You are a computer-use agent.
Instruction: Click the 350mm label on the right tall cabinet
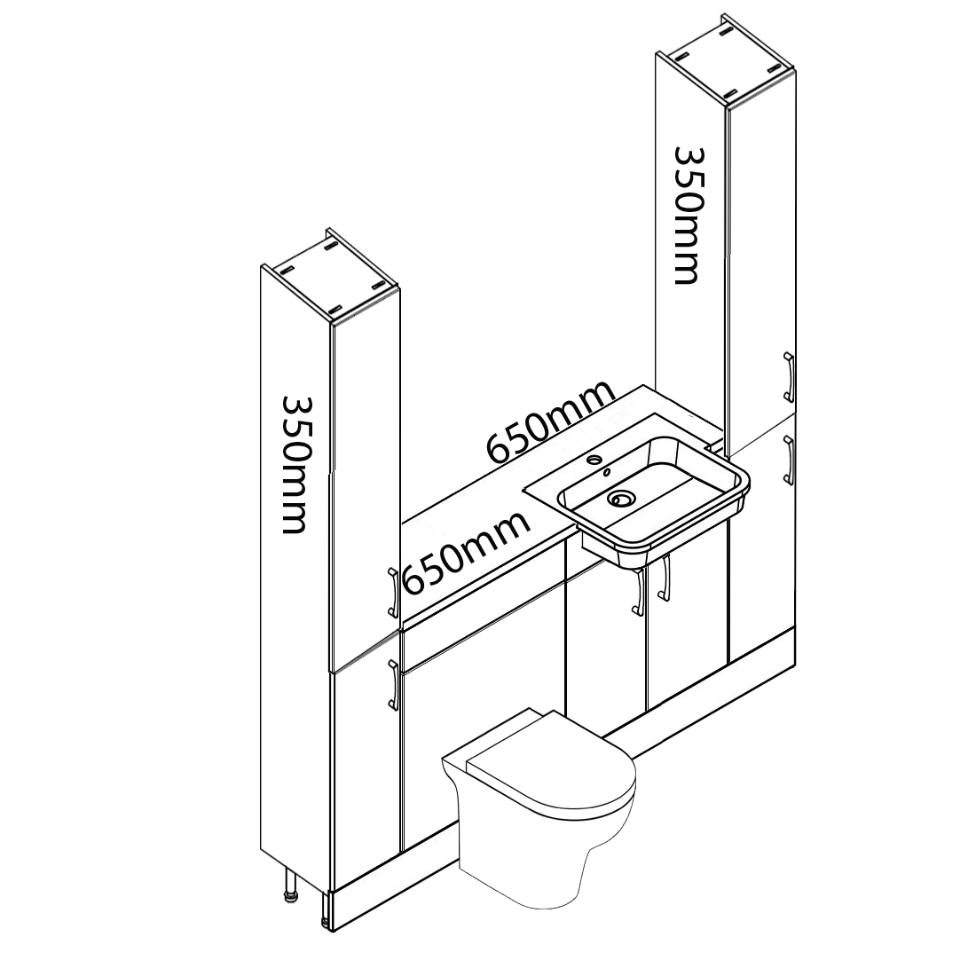[x=687, y=216]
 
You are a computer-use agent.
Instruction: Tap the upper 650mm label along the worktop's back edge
[x=550, y=422]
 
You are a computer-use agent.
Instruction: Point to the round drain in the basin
[x=622, y=499]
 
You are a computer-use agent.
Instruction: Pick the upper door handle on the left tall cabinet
[x=392, y=593]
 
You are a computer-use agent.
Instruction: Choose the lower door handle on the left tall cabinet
[x=392, y=685]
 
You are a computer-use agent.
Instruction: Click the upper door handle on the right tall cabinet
[x=787, y=377]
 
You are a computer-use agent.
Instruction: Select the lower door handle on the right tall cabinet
[x=787, y=459]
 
